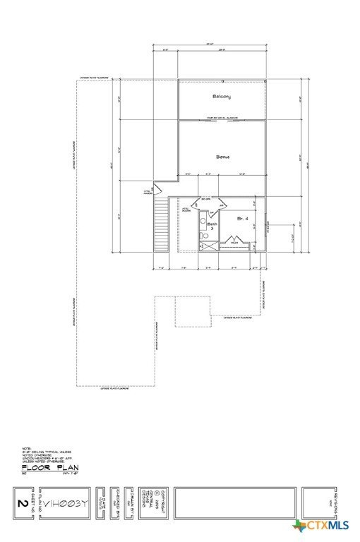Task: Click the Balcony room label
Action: tap(222, 96)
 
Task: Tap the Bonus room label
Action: tap(223, 156)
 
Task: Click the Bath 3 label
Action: tap(210, 227)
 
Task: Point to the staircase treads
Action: tap(162, 224)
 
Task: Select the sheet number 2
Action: tap(20, 504)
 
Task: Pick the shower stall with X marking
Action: tap(209, 246)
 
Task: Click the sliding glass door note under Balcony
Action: tap(222, 118)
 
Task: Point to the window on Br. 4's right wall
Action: tap(266, 227)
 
